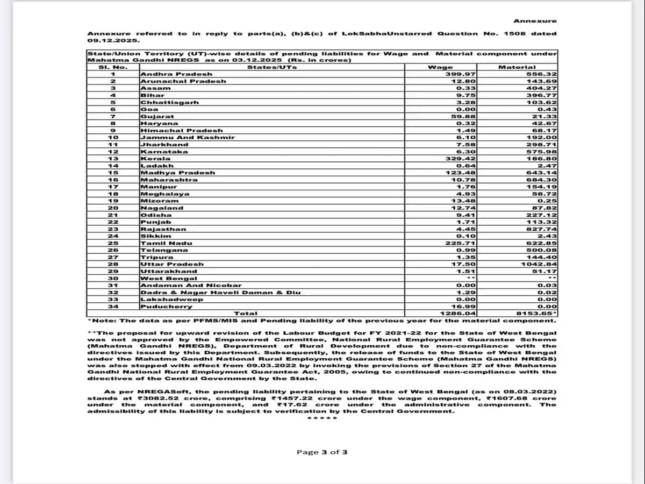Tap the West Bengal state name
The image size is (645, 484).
coord(161,278)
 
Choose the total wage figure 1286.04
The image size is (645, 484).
coord(458,314)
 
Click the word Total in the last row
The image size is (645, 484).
coord(246,314)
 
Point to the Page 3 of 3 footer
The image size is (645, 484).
coord(322,452)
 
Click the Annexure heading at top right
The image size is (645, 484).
coord(535,21)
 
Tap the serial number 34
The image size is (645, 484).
coord(113,307)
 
